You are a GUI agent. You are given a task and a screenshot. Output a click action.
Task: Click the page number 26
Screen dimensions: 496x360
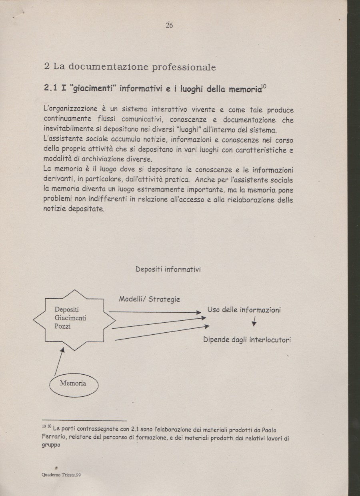pyautogui.click(x=169, y=25)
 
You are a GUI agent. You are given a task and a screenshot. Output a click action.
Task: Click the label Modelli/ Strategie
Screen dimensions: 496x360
pyautogui.click(x=149, y=299)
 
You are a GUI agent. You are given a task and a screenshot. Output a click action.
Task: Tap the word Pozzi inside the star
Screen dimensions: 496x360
pyautogui.click(x=63, y=327)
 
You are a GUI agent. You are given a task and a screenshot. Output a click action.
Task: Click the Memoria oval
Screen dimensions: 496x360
pyautogui.click(x=73, y=383)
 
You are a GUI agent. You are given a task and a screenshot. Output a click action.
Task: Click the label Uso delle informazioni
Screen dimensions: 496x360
pyautogui.click(x=244, y=310)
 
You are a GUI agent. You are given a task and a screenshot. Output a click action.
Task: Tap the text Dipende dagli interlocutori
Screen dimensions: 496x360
pyautogui.click(x=247, y=340)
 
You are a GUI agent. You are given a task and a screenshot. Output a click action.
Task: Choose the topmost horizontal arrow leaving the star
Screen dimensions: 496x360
pyautogui.click(x=154, y=311)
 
